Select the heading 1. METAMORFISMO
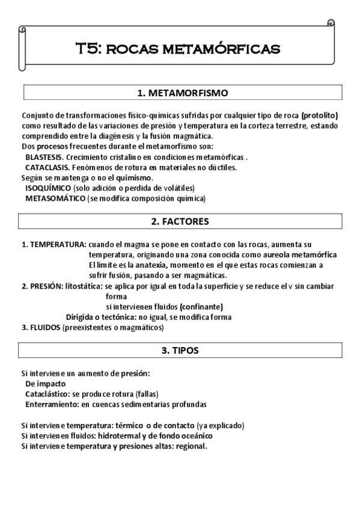(183, 93)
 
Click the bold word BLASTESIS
(44, 156)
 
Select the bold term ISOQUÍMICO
(45, 188)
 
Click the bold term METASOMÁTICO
(51, 198)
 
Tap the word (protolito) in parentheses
(320, 115)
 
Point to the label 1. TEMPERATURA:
(54, 245)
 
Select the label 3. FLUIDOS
(41, 328)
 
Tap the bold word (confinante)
(196, 307)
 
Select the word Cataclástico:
(47, 393)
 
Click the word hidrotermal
(124, 435)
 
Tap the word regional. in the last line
(189, 446)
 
